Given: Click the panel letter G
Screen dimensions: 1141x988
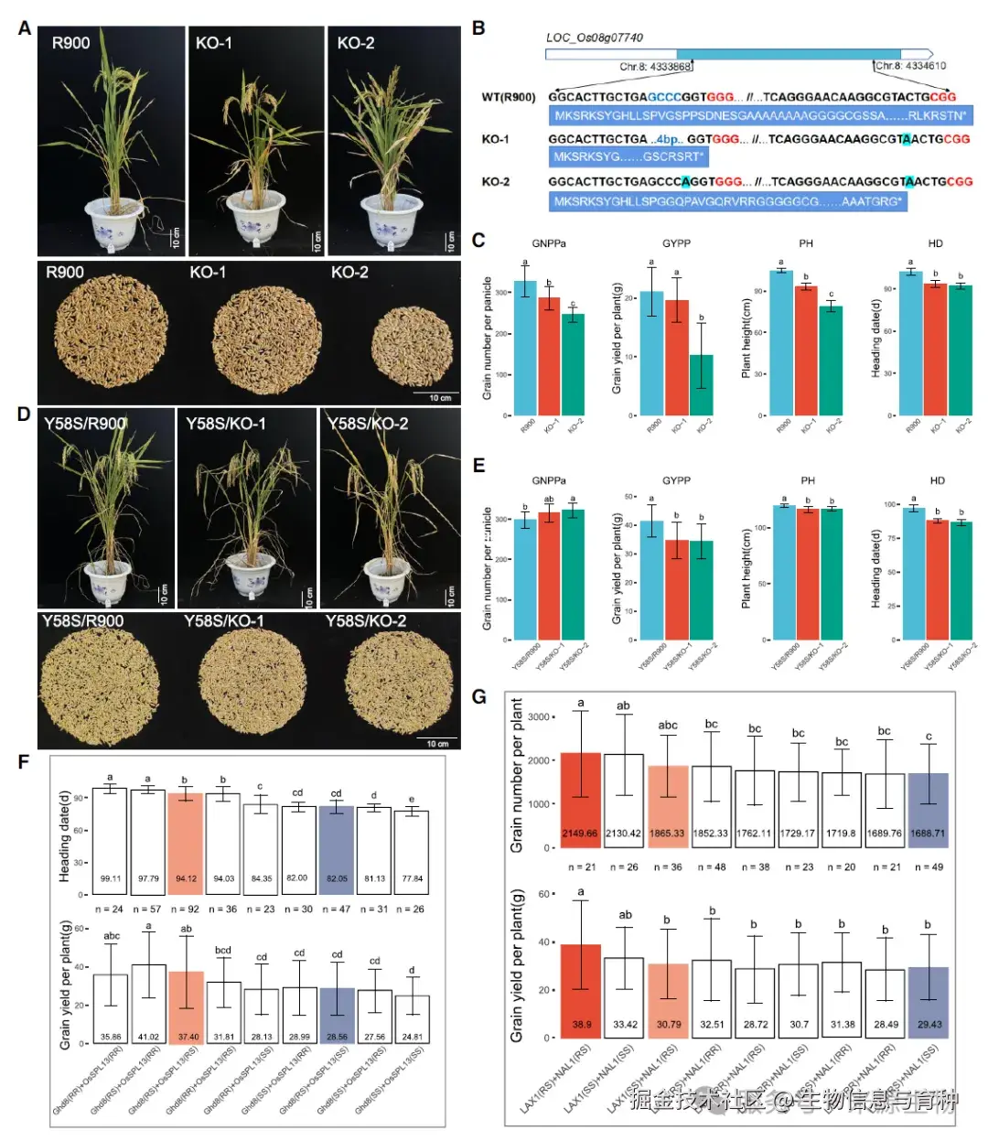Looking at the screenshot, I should pos(478,697).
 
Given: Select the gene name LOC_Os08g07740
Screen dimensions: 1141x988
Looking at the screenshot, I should pos(594,38).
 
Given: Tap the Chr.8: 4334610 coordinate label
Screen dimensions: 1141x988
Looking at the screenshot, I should pos(910,66).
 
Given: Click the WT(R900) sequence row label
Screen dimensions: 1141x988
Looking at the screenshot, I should pos(509,96).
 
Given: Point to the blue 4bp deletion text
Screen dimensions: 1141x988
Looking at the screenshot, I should pos(666,139).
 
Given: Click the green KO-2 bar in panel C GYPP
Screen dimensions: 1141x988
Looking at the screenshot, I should pos(701,384).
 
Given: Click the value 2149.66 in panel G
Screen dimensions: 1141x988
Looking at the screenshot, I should pos(580,834).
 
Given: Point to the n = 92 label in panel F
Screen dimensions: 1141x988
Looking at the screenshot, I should pos(185,910).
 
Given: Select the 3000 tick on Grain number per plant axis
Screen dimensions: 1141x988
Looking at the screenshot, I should pos(539,716).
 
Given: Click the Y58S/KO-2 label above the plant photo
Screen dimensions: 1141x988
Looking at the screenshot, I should pos(368,424).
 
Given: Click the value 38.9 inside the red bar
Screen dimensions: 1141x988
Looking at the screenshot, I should pos(582,1025).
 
